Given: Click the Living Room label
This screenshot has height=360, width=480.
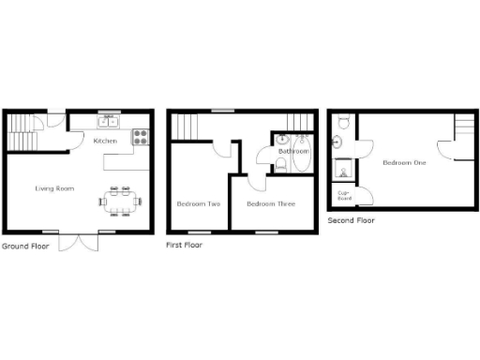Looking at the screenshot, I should (x=54, y=188).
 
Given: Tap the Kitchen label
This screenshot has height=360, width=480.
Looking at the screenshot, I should (x=105, y=142).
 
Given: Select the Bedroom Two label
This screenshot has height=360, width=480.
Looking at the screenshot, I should (x=199, y=203).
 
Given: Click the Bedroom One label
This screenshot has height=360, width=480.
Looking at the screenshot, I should (x=404, y=163).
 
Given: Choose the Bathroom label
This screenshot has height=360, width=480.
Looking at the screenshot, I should (x=293, y=150).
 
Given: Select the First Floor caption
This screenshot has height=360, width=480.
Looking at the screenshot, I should (x=184, y=245).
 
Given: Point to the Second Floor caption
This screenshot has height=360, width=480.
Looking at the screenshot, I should (x=351, y=220).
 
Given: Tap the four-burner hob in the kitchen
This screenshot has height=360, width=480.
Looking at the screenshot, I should (x=140, y=137).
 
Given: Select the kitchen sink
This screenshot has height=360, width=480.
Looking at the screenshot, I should (x=109, y=120).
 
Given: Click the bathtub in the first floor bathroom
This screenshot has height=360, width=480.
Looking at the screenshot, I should (x=303, y=158).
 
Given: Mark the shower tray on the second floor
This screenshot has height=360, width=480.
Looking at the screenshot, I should (x=345, y=170).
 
